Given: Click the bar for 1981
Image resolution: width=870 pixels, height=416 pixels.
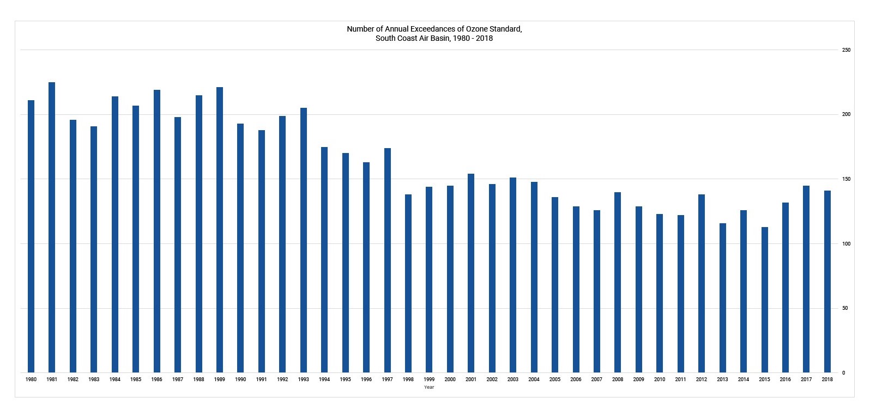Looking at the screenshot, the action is tap(52, 228).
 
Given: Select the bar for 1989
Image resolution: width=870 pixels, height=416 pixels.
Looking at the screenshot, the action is tap(220, 230).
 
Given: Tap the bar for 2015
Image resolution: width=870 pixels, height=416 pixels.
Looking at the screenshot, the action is tap(764, 300).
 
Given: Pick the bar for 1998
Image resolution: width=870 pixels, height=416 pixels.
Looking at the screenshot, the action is tap(408, 284).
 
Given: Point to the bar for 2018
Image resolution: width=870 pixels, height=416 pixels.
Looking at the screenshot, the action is tap(827, 282).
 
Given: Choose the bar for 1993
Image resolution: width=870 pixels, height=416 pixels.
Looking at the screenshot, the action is tap(303, 240).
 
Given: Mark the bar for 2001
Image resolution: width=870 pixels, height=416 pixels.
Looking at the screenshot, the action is tap(471, 273).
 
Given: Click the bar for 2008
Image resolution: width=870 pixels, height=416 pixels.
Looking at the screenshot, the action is tap(618, 283).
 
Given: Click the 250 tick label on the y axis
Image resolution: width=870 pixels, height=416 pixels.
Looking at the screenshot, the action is tap(847, 50).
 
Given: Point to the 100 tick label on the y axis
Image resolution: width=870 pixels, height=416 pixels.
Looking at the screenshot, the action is tap(847, 244).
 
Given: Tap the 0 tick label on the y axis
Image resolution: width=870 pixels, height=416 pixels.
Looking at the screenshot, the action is tap(844, 373).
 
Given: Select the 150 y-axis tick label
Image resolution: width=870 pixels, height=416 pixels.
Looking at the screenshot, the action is tap(847, 179).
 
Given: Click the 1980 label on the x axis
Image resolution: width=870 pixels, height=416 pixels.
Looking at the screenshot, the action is tap(31, 380).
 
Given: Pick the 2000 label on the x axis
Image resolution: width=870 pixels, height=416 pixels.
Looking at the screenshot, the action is tap(450, 380).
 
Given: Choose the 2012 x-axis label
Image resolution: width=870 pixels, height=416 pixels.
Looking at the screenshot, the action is tap(702, 380).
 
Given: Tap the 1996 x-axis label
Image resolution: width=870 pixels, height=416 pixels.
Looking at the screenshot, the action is tap(366, 380).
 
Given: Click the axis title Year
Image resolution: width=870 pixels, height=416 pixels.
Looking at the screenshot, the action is tap(429, 387).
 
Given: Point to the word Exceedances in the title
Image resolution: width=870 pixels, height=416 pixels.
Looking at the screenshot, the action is tap(429, 29).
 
